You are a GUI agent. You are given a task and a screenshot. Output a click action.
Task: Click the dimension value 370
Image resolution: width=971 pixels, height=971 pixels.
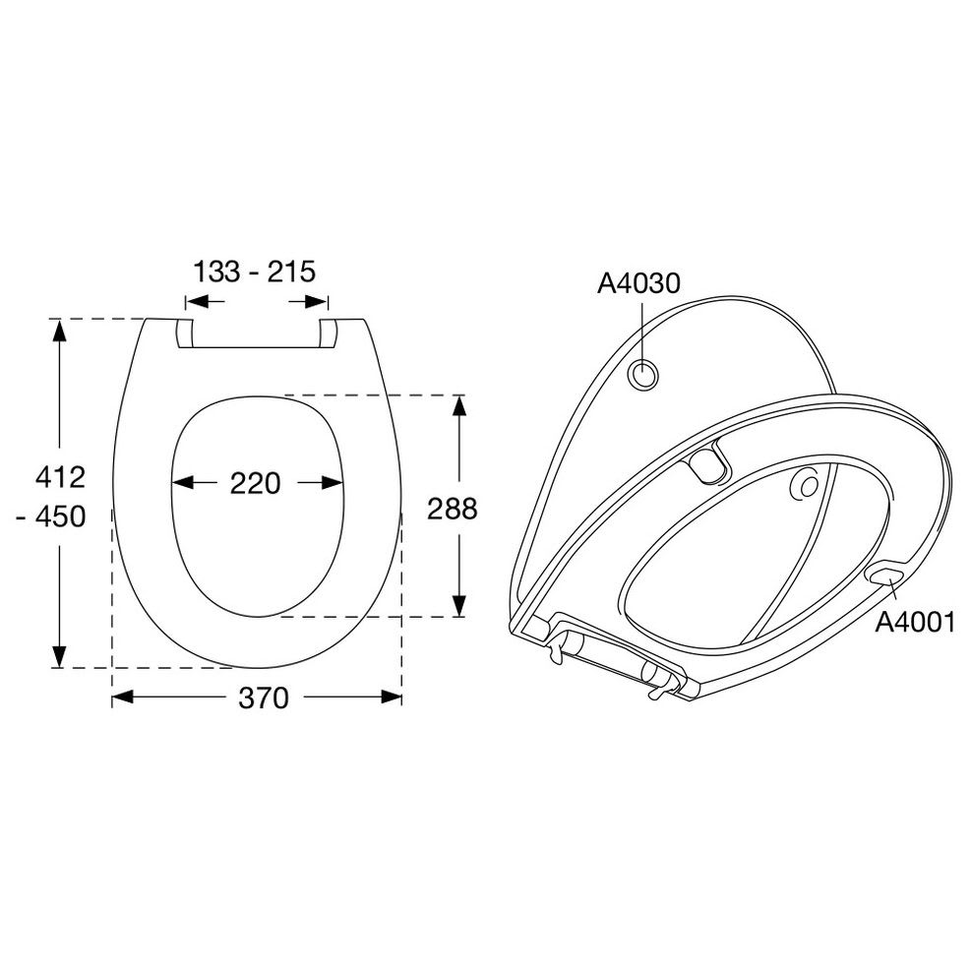point(264,698)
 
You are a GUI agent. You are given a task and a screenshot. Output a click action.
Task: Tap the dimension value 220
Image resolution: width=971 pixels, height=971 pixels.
point(255,483)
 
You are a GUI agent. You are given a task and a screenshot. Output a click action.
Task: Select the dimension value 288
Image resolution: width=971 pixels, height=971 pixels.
point(453,509)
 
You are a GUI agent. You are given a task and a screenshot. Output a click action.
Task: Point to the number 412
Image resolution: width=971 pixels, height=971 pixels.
point(60,477)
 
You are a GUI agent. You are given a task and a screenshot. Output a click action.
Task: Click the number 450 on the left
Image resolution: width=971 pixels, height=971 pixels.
point(60,516)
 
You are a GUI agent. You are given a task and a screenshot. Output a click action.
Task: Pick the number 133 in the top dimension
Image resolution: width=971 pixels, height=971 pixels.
point(216,272)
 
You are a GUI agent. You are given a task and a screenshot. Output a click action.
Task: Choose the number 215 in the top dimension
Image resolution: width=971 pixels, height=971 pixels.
point(291,272)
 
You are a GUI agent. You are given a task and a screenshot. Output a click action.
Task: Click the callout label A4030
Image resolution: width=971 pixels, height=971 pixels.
point(638,283)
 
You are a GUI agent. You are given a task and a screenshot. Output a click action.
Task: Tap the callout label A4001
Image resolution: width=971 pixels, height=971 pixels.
point(915,623)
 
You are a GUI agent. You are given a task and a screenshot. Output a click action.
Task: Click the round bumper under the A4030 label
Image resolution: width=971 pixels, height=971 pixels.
point(643,375)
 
